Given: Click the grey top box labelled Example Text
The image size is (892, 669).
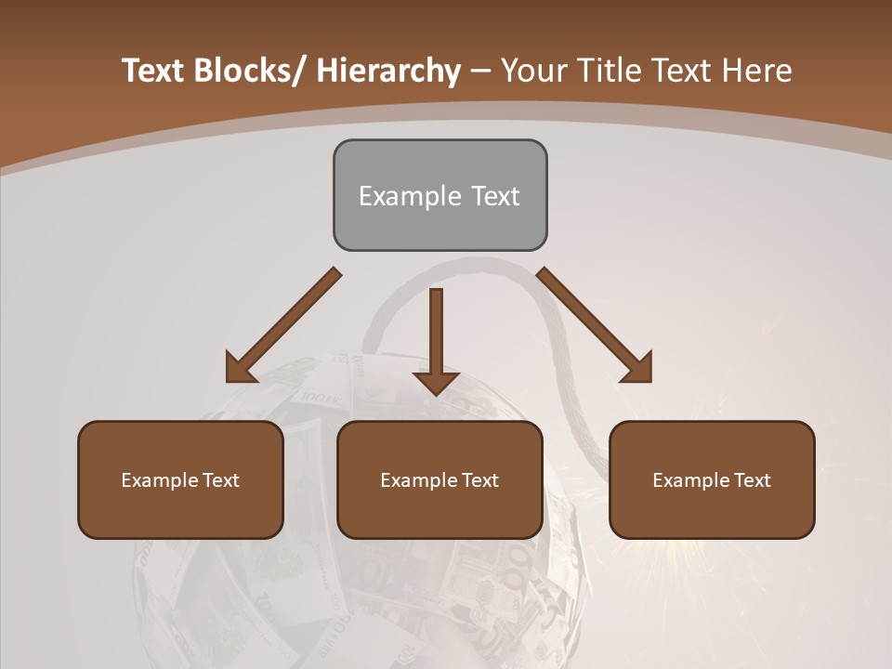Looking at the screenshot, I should [439, 195].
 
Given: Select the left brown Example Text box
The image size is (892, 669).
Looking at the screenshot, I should [180, 479].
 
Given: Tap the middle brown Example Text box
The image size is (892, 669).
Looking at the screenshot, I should [439, 479].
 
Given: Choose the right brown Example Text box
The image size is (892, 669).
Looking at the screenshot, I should [712, 479].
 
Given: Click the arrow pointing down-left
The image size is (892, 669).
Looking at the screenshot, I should [283, 325].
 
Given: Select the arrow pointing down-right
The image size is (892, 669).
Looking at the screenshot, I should [595, 325].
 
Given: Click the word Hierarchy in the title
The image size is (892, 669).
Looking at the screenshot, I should [388, 71].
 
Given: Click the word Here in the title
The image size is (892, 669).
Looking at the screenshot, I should [759, 71].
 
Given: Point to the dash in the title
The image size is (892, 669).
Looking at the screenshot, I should [480, 71].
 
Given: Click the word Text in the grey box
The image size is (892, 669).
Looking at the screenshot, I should [494, 196].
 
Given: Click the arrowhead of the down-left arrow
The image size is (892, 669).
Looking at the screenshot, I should [240, 369].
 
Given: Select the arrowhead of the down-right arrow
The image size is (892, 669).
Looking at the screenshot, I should [638, 369].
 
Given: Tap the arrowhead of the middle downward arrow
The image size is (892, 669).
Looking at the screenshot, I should [436, 382].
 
